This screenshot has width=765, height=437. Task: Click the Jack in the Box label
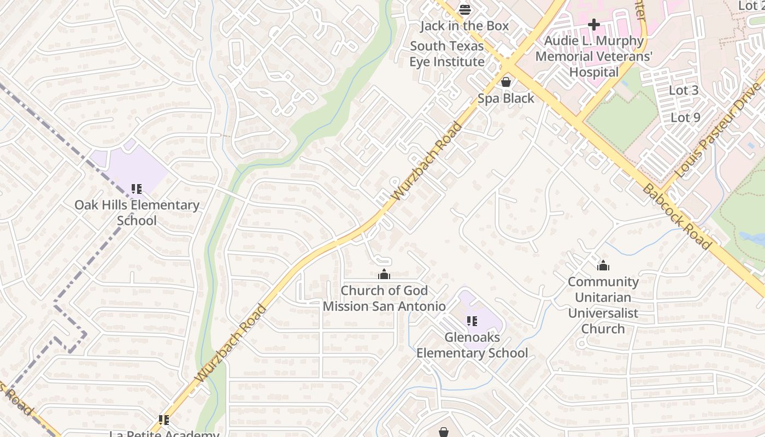464,26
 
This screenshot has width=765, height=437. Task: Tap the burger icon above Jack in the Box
464,9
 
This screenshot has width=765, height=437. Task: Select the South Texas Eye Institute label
447,54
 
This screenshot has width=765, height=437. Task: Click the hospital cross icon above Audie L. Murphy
593,25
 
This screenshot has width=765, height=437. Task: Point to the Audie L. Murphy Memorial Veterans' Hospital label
594,56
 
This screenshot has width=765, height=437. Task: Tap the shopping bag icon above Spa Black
506,82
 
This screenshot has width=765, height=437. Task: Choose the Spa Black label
506,98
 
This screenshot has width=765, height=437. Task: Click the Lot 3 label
684,91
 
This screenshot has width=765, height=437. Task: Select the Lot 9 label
685,117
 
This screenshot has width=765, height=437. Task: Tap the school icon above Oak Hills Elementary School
137,189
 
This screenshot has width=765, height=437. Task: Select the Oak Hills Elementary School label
137,213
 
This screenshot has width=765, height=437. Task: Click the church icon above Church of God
384,274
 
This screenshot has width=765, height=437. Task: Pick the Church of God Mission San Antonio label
384,298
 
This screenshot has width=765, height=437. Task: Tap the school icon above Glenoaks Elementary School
472,321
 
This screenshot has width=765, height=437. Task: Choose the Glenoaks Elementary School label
472,345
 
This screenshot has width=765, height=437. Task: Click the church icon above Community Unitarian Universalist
603,266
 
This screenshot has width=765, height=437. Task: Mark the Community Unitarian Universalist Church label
603,305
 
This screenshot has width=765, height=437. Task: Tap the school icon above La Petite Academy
164,420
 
